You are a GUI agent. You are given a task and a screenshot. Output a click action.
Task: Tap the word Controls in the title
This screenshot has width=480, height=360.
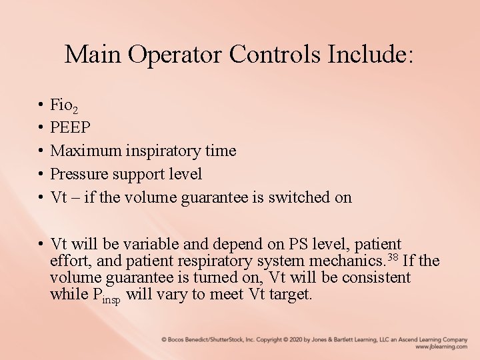pyautogui.click(x=275, y=55)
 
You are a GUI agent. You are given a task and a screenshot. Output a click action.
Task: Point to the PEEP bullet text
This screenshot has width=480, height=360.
pyautogui.click(x=71, y=128)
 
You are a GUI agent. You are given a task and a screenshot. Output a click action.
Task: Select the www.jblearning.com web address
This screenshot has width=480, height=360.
pyautogui.click(x=441, y=347)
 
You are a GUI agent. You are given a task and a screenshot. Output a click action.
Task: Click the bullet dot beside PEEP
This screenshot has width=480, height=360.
pyautogui.click(x=41, y=128)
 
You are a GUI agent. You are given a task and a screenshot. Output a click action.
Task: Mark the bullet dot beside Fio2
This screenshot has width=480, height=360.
pyautogui.click(x=41, y=105)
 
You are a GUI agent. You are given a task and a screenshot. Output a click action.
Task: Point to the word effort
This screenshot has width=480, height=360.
pyautogui.click(x=69, y=261)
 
